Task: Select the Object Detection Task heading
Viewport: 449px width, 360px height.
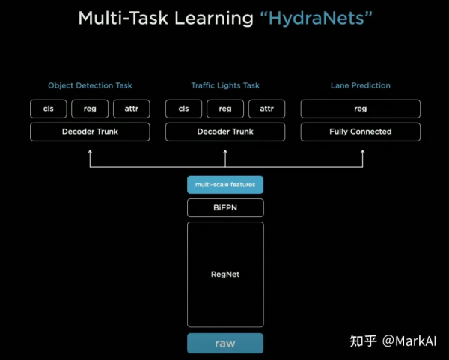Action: tap(90, 86)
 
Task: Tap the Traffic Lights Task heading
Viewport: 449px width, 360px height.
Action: tap(225, 86)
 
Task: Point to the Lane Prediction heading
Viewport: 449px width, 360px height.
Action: tap(360, 86)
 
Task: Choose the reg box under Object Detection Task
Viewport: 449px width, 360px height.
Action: tap(90, 109)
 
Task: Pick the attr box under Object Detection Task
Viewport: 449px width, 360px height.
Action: tap(132, 109)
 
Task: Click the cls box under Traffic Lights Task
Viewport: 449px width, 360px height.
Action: tap(183, 109)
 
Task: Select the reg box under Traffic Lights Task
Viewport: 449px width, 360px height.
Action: tap(225, 109)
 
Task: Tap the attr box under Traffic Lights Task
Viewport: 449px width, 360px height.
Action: tap(266, 109)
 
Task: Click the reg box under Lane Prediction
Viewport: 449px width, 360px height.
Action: tap(360, 109)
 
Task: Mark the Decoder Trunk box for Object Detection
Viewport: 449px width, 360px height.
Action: tap(90, 132)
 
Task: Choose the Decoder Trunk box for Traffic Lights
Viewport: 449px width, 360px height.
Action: tap(225, 132)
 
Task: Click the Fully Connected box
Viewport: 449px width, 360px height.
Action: tap(360, 132)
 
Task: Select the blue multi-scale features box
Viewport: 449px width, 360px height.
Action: tap(225, 185)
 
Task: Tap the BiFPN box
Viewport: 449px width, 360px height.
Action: tap(225, 207)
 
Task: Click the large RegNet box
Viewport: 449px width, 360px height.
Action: tap(225, 274)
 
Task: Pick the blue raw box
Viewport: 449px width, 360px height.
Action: tap(225, 343)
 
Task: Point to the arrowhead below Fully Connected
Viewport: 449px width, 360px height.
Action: tap(362, 153)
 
